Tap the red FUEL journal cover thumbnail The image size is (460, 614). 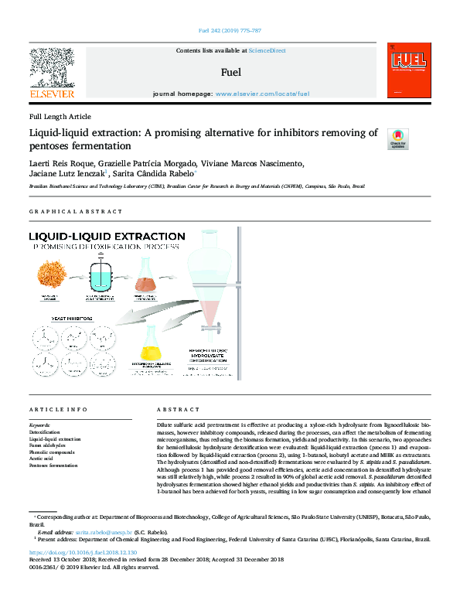tap(406, 72)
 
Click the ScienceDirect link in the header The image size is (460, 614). tap(267, 50)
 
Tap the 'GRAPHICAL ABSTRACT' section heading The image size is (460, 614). tap(75, 211)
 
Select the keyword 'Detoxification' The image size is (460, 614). tap(46, 432)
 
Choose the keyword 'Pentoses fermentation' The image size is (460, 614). tap(53, 466)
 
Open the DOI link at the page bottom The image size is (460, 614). tap(83, 553)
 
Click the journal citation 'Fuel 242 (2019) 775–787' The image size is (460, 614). tap(230, 32)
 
